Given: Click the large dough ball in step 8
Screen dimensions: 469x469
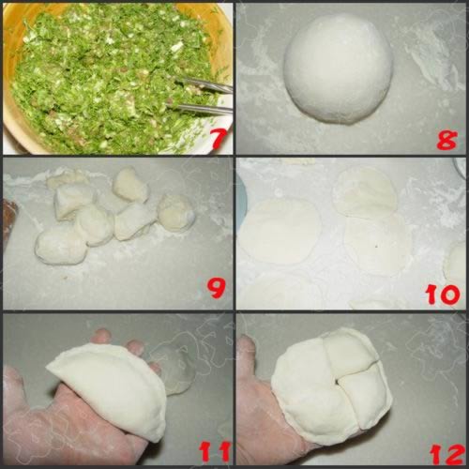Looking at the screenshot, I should coord(339,69).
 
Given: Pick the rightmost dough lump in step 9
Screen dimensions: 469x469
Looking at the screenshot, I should coord(175,212).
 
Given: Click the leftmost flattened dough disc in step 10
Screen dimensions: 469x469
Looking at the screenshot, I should coord(280,230).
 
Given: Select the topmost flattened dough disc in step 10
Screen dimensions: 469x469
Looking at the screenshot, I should coord(365,191).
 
